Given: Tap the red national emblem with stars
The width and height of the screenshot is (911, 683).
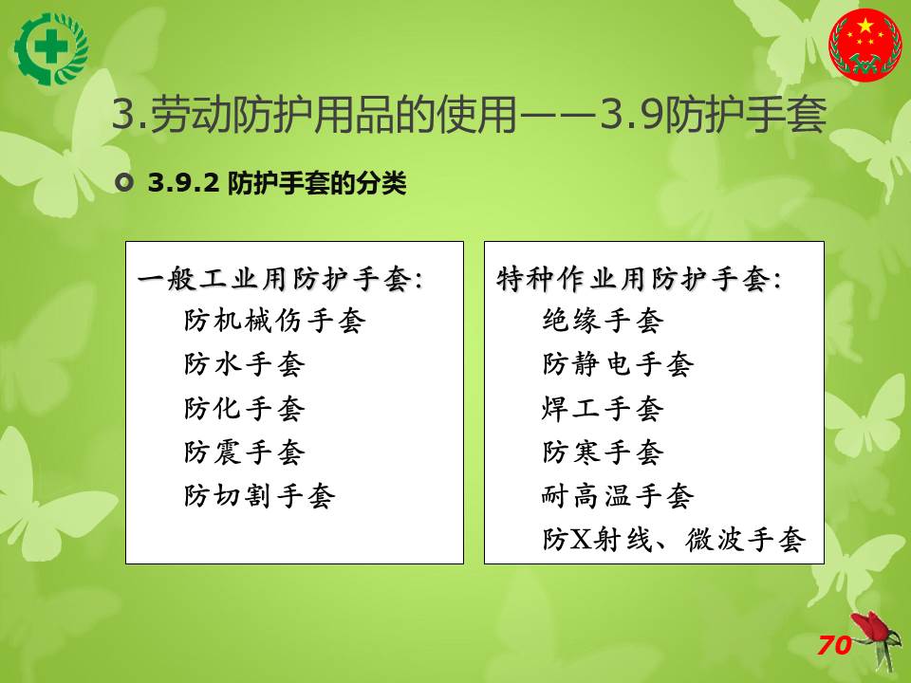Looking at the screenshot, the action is [x=865, y=46].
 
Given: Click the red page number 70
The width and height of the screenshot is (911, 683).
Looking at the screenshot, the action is [x=834, y=645].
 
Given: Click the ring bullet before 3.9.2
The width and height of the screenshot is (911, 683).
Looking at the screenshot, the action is [x=124, y=183].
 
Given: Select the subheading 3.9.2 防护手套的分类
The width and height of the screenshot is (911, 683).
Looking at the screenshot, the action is [x=277, y=183].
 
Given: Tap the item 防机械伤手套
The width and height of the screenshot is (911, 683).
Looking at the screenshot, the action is [x=275, y=321].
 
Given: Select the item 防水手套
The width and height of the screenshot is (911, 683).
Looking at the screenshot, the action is [x=245, y=364].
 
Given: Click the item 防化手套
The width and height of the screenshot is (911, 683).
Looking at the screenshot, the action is [x=245, y=408].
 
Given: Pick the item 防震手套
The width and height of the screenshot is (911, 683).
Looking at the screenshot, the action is [x=245, y=452].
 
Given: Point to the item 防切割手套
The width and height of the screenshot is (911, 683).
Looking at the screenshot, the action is [x=260, y=496].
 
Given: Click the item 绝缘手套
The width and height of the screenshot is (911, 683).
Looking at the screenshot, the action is [x=604, y=321].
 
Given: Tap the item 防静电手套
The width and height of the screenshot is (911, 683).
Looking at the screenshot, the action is [x=618, y=364].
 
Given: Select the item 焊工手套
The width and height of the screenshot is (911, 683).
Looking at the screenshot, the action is [x=604, y=408].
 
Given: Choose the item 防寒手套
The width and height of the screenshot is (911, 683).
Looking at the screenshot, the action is [x=604, y=452].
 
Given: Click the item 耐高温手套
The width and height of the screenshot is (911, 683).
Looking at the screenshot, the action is [x=618, y=496].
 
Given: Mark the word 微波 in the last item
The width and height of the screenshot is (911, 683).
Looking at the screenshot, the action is [x=714, y=540].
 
